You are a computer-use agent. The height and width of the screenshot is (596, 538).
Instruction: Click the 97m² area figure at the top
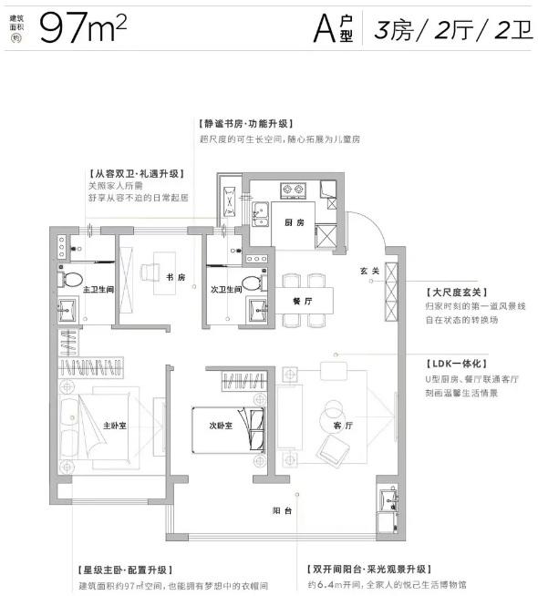(x=83, y=28)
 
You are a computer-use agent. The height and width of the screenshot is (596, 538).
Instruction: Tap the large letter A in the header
(x=325, y=29)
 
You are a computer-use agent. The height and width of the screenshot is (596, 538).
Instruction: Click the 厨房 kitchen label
(x=295, y=222)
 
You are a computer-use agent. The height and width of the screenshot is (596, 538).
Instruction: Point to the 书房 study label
(x=176, y=277)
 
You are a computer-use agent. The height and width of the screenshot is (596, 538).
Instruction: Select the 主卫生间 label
(x=98, y=290)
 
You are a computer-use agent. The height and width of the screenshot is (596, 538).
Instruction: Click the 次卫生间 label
(x=226, y=290)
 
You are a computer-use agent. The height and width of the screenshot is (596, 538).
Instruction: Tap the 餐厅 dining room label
(x=303, y=301)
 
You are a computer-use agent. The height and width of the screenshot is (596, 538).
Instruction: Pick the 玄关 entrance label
(x=370, y=271)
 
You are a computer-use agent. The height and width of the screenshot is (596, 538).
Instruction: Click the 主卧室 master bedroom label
(x=115, y=426)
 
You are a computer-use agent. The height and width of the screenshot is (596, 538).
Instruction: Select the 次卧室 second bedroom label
(x=221, y=426)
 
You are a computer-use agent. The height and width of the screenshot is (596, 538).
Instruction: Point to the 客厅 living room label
(x=344, y=426)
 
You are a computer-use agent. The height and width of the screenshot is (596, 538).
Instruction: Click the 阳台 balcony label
(x=282, y=511)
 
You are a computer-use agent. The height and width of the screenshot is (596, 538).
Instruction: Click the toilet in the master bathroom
(x=71, y=280)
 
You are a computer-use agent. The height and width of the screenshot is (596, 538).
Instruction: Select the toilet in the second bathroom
(x=254, y=284)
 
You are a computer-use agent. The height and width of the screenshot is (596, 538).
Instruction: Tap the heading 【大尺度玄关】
(x=456, y=293)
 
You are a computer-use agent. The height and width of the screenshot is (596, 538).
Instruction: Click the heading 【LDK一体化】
(x=456, y=364)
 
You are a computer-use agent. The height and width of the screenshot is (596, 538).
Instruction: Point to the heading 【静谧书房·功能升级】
(x=246, y=124)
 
